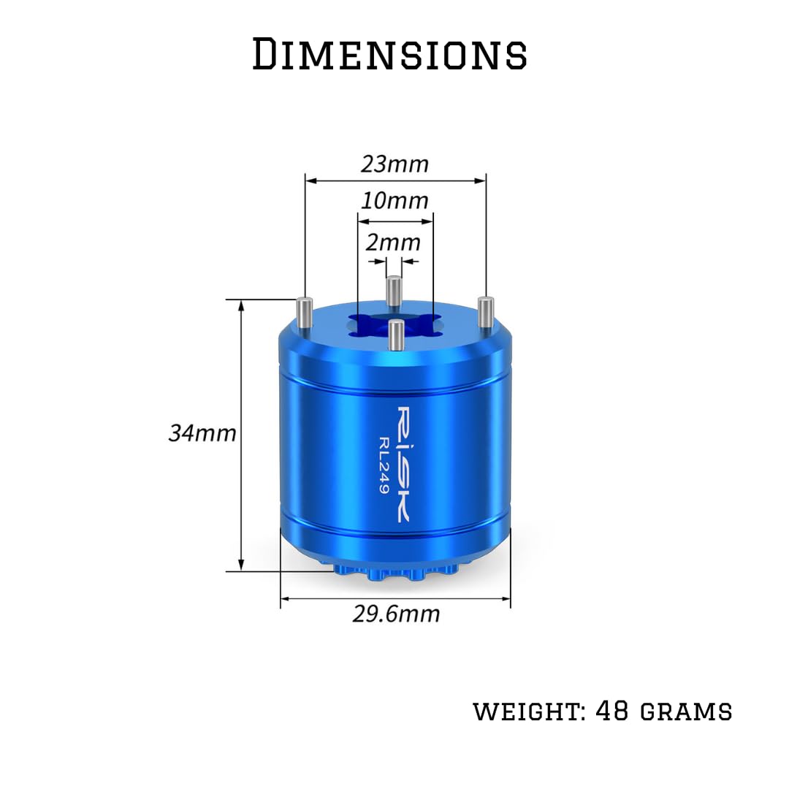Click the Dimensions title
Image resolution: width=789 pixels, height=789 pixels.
[389, 53]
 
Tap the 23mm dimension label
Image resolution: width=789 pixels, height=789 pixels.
[394, 164]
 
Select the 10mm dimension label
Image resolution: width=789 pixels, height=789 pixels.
[394, 201]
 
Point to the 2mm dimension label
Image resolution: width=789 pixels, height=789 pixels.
[393, 243]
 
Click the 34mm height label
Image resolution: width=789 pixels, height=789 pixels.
[202, 433]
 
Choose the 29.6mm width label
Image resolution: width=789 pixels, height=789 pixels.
[396, 614]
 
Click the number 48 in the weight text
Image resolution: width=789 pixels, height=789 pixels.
[612, 711]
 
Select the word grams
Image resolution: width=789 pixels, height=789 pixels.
[686, 712]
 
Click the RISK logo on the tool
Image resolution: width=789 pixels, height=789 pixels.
[403, 464]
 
